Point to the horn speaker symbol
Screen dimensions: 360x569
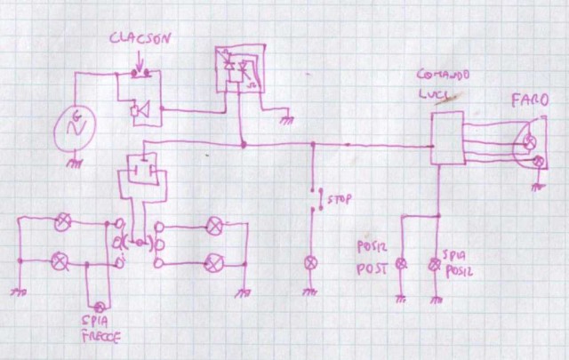click(x=139, y=111)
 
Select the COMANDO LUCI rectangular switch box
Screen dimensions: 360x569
click(x=445, y=138)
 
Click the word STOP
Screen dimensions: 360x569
click(x=335, y=198)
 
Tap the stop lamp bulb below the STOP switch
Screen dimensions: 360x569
click(x=310, y=263)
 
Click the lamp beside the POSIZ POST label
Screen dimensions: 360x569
click(x=400, y=263)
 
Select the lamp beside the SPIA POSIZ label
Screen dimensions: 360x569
click(x=435, y=263)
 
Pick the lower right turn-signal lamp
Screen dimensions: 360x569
click(x=213, y=262)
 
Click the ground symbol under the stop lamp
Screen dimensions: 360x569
click(x=310, y=291)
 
